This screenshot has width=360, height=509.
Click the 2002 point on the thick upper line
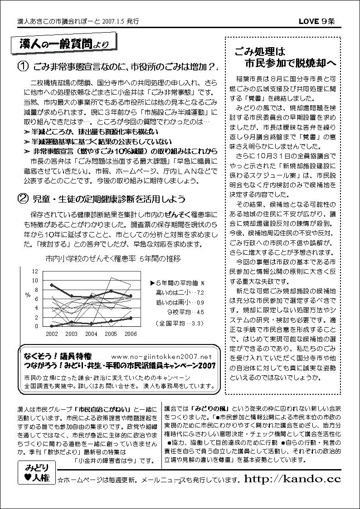[52, 285]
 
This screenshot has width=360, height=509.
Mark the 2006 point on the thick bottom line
[131, 318]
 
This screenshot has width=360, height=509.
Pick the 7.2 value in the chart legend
[200, 293]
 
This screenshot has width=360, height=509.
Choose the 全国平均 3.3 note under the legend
[179, 323]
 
